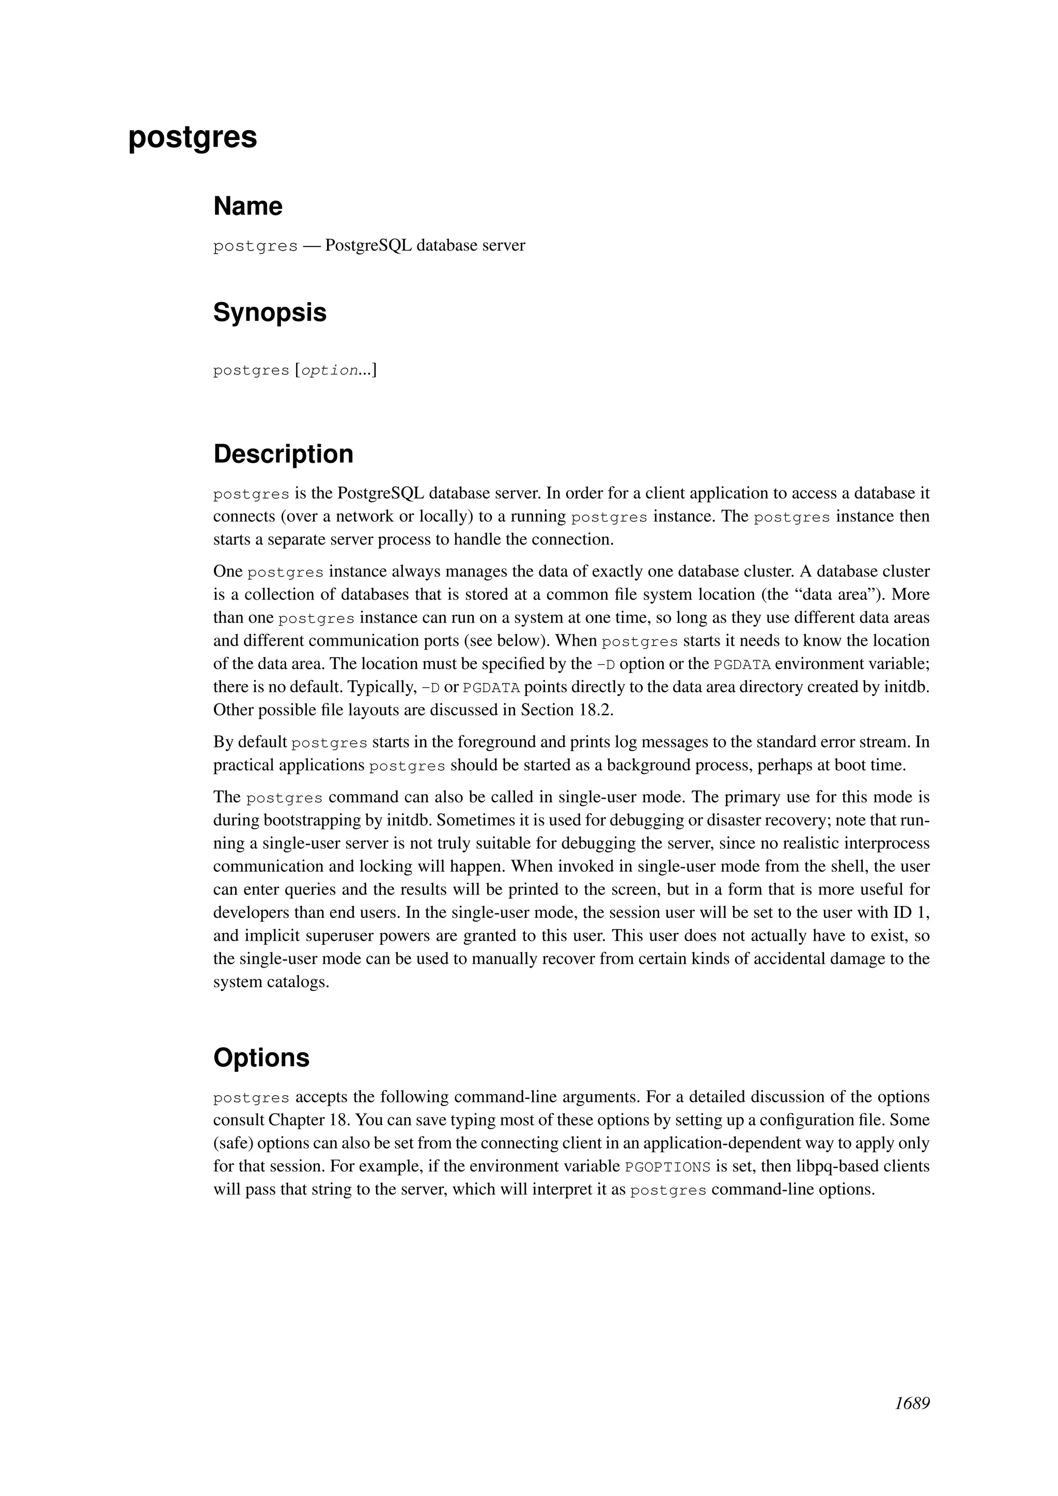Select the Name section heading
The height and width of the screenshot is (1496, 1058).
[247, 207]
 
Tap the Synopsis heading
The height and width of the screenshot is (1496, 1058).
[270, 313]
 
